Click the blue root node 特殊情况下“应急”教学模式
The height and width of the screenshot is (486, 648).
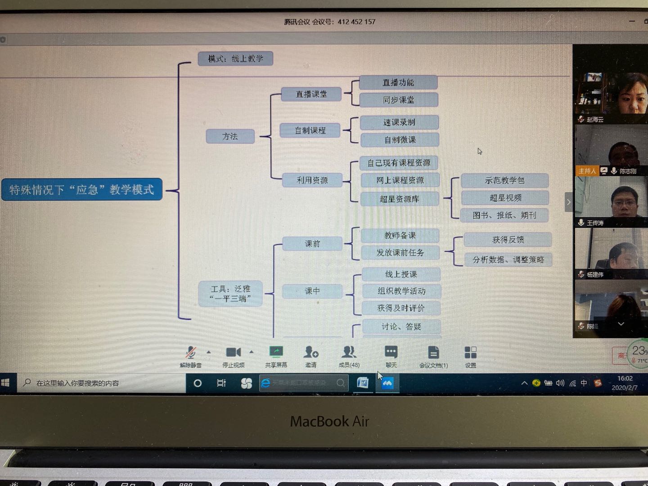point(82,189)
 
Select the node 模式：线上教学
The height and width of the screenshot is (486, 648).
point(235,58)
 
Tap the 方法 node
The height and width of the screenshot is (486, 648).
point(230,136)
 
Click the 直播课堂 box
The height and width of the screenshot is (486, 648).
point(311,94)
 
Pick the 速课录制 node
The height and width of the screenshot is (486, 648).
point(399,122)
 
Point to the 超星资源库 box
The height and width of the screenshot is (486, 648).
point(399,199)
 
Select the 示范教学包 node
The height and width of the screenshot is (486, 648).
point(504,180)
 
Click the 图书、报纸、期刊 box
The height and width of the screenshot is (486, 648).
point(504,215)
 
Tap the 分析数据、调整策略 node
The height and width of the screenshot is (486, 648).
point(508,260)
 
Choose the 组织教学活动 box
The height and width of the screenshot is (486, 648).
point(401,291)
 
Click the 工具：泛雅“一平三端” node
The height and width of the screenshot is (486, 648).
point(230,293)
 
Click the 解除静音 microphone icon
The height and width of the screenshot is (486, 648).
point(191,352)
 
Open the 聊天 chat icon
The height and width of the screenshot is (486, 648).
point(391,352)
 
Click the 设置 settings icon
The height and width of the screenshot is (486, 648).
point(470,352)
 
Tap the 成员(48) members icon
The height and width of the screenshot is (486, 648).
point(349,352)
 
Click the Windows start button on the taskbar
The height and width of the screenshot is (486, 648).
point(5,383)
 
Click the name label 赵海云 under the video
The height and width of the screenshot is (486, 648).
point(595,119)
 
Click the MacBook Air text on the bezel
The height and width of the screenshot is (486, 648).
point(329,422)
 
